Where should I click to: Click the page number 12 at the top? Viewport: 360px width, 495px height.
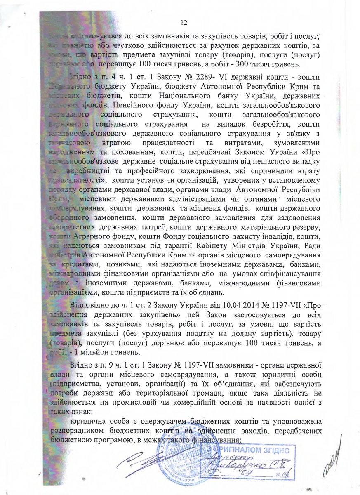point(184,22)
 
